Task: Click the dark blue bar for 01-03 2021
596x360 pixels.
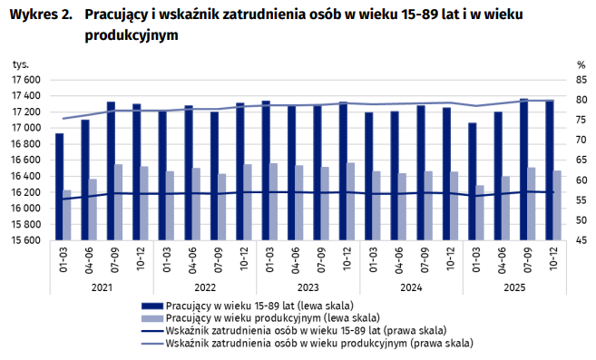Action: pyautogui.click(x=60, y=187)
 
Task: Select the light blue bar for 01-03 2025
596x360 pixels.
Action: pyautogui.click(x=480, y=213)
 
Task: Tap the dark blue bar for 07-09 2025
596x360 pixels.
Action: pyautogui.click(x=523, y=170)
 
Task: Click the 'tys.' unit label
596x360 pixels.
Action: pyautogui.click(x=20, y=65)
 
